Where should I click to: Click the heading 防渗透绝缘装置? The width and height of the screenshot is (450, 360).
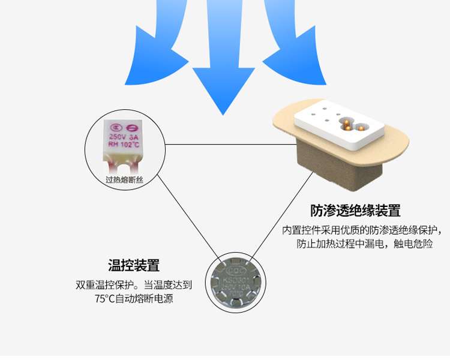click(x=355, y=211)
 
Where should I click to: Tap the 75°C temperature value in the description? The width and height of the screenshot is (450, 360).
click(x=104, y=298)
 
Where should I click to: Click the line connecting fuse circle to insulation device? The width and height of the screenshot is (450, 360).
click(x=228, y=144)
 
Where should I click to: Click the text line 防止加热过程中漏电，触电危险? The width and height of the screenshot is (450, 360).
click(x=364, y=244)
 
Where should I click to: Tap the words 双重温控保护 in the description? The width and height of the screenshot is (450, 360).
click(x=104, y=285)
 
